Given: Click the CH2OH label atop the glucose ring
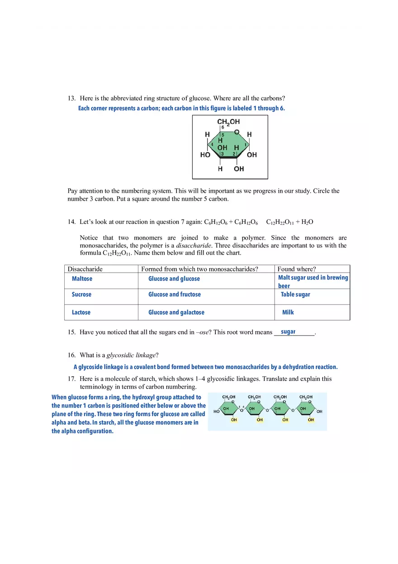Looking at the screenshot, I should [228, 122].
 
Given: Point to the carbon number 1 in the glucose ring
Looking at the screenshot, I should [246, 144].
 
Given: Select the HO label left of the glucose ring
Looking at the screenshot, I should [205, 155].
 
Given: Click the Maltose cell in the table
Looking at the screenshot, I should [82, 279].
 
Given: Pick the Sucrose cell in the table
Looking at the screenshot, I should [81, 294].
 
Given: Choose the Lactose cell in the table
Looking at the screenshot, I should [81, 313].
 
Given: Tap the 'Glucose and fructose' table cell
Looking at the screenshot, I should [175, 294].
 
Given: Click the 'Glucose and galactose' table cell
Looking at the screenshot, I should [176, 313].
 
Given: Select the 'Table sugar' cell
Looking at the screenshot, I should [295, 294].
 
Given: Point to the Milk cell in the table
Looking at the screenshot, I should [288, 313].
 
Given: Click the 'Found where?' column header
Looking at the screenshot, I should [297, 269].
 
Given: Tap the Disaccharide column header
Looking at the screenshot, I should [85, 269].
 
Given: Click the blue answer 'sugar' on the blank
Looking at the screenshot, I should [288, 332].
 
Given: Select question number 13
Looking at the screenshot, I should [71, 98].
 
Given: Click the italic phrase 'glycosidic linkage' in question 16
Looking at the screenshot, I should [131, 355].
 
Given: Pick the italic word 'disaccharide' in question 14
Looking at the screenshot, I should [194, 246].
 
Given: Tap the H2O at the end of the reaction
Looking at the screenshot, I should [307, 222].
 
